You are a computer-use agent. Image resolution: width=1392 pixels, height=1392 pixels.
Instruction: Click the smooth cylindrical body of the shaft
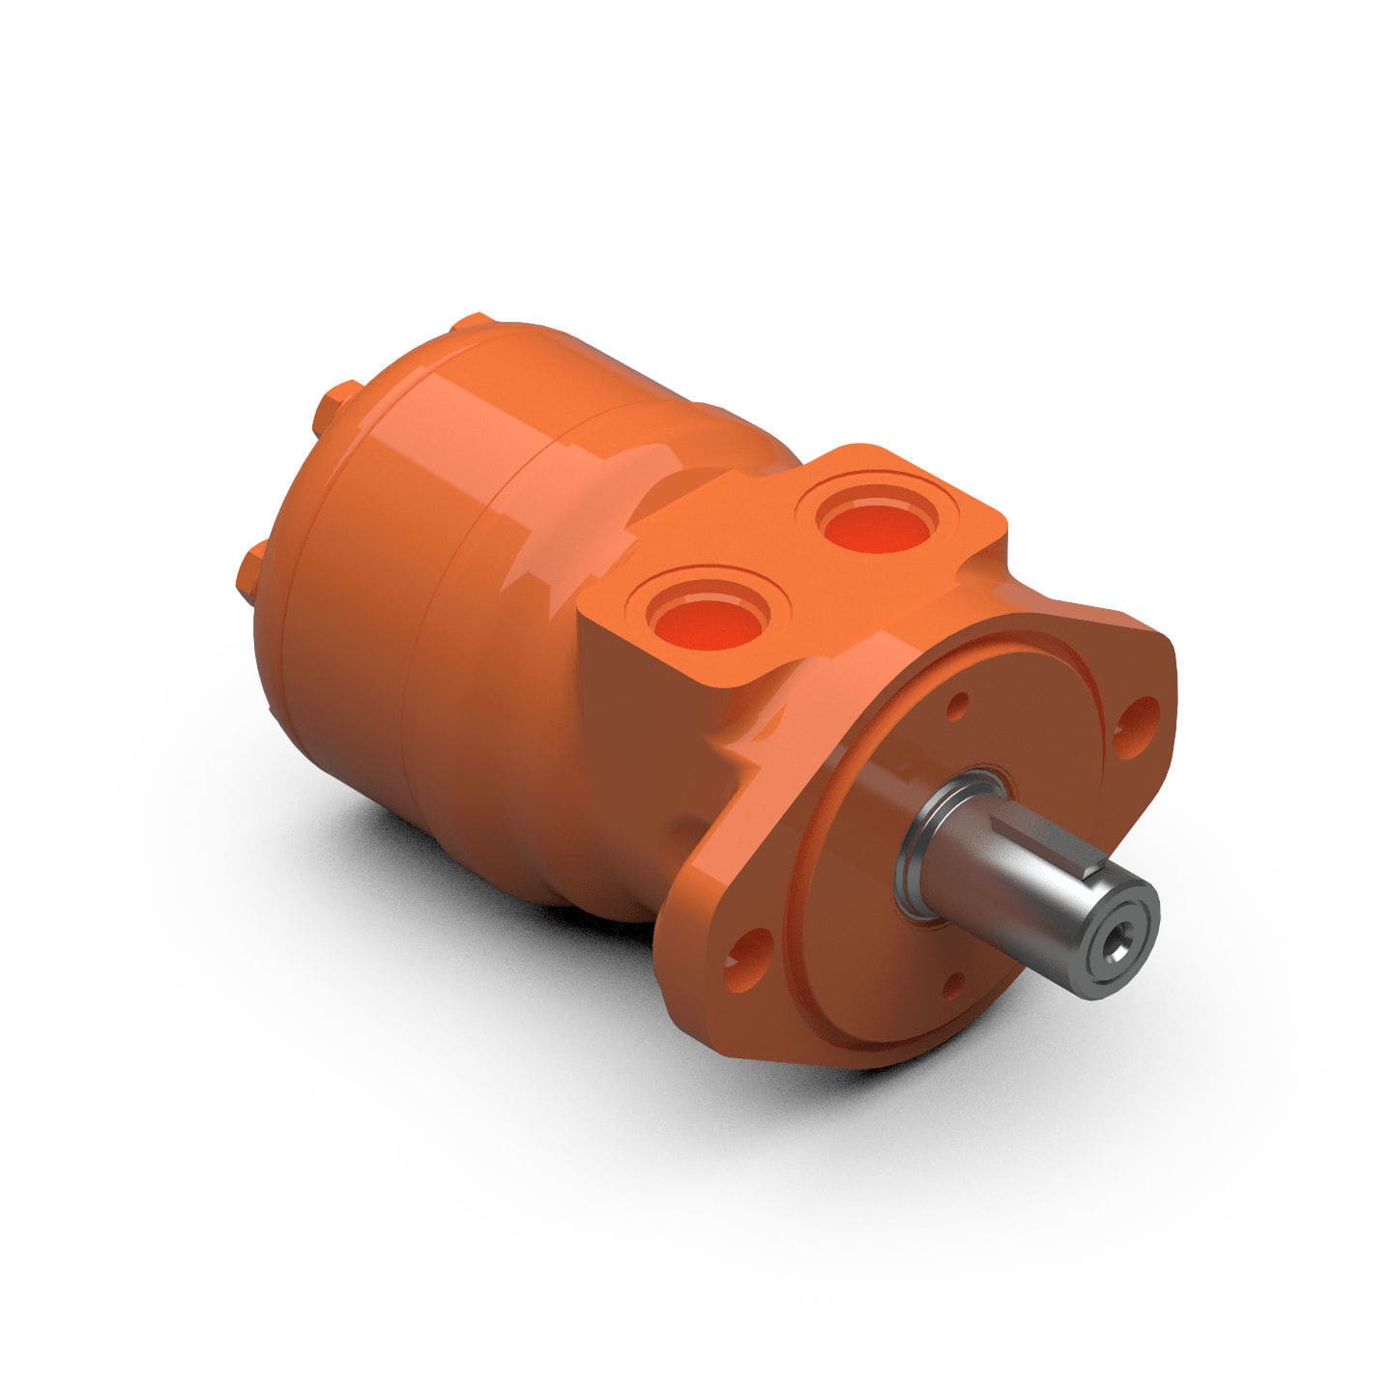click(1005, 870)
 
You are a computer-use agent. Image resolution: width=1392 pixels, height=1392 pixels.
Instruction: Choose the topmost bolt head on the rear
click(474, 323)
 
